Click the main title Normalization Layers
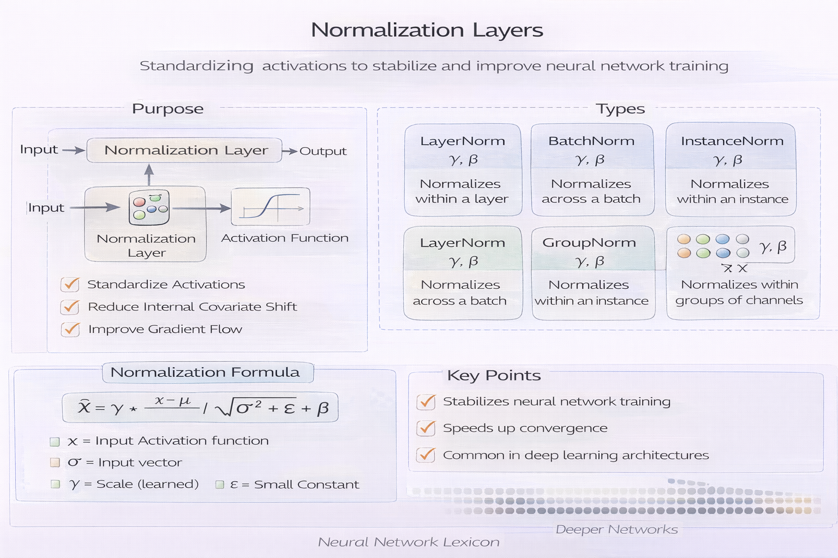427,30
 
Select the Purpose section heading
167,109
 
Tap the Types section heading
620,109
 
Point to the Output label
322,151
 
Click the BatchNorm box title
591,141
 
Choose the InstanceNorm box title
732,141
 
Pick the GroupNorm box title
589,243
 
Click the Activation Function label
285,238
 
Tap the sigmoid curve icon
271,207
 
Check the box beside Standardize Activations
70,284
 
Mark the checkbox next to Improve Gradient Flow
70,329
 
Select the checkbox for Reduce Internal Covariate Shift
70,307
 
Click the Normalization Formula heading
205,372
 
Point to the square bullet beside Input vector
55,463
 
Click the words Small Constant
307,484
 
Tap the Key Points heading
494,375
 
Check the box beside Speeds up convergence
426,428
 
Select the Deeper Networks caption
616,530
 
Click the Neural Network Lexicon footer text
409,542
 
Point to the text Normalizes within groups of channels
739,293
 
